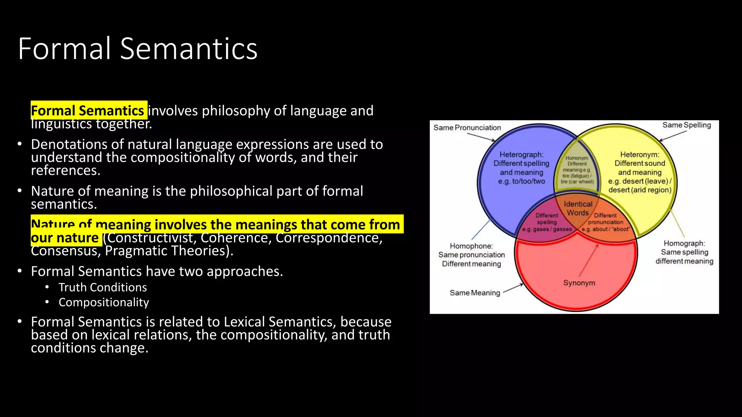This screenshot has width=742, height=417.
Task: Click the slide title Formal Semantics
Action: coord(138,49)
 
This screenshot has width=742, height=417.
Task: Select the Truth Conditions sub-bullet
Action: coord(103,287)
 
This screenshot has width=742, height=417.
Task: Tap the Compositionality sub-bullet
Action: coord(104,302)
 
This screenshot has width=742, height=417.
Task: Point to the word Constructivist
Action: coord(151,238)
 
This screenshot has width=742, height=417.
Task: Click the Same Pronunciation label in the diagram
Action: coord(467,128)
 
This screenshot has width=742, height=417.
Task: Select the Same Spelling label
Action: coord(687,125)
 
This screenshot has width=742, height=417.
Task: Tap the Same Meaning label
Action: coord(475,293)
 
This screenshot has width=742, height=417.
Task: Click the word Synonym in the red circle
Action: coord(579,283)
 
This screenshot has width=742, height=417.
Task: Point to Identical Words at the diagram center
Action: coord(578,208)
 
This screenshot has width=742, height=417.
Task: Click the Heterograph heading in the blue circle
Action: coord(521,155)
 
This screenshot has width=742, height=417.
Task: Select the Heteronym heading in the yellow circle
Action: coord(639,155)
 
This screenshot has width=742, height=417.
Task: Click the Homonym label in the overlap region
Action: coord(577,158)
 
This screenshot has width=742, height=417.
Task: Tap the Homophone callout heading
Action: coord(471,246)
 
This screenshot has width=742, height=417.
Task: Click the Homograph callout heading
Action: coord(684,244)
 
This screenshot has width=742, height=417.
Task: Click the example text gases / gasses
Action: coord(547,229)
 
